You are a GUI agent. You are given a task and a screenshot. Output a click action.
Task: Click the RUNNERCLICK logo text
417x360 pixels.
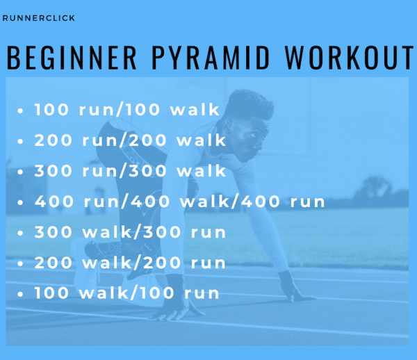click(x=38, y=18)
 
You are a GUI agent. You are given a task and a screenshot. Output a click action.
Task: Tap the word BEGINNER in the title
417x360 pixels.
click(x=72, y=58)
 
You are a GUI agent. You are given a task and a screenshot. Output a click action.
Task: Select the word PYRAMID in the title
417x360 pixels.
click(x=211, y=58)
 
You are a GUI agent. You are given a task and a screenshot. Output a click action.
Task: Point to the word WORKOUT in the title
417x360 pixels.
click(x=349, y=58)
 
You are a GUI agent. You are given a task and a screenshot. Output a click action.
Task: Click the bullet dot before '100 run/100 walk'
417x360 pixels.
click(x=20, y=111)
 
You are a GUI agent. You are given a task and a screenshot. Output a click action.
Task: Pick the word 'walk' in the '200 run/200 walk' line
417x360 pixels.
click(x=202, y=140)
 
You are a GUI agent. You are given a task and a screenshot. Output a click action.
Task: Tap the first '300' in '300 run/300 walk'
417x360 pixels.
click(x=54, y=171)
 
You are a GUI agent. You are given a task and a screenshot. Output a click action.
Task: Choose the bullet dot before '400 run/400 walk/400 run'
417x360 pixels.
click(x=20, y=202)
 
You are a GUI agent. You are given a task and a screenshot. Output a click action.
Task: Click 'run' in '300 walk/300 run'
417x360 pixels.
click(x=208, y=232)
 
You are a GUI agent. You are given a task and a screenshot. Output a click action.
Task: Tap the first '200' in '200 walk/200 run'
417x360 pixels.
click(x=54, y=263)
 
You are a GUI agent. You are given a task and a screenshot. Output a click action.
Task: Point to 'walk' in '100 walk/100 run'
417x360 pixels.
click(x=104, y=293)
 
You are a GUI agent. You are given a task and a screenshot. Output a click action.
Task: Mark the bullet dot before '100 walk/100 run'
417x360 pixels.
click(x=20, y=294)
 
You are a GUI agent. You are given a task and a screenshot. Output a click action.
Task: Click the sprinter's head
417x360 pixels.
click(x=246, y=125)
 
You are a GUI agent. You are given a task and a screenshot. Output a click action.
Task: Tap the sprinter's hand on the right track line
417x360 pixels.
click(x=295, y=290)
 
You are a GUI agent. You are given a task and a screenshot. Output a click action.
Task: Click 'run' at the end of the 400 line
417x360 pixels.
click(x=307, y=202)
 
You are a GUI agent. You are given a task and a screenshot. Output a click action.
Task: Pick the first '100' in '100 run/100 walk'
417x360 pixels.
click(x=51, y=110)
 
